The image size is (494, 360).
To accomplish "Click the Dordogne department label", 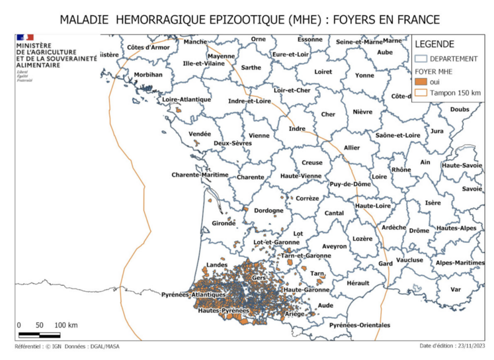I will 268,211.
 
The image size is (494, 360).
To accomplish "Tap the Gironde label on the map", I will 223,223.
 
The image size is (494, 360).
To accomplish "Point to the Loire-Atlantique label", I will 186,99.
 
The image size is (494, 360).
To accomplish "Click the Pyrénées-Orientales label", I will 360,325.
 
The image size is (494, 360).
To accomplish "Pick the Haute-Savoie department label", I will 462,165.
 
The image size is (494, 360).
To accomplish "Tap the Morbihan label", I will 148,75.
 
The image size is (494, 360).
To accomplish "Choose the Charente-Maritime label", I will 200,175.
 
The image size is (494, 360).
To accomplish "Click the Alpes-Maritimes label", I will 460,263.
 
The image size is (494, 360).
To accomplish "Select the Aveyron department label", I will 335,246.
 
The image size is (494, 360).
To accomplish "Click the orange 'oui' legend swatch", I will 421,81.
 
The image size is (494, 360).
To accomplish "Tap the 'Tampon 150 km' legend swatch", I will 421,92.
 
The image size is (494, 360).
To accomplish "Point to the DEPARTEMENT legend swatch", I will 421,58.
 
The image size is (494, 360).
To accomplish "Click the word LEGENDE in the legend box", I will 434,44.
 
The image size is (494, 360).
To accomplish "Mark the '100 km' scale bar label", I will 66,325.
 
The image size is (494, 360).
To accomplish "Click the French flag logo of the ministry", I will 24,38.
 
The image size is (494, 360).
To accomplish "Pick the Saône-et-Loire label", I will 397,135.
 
